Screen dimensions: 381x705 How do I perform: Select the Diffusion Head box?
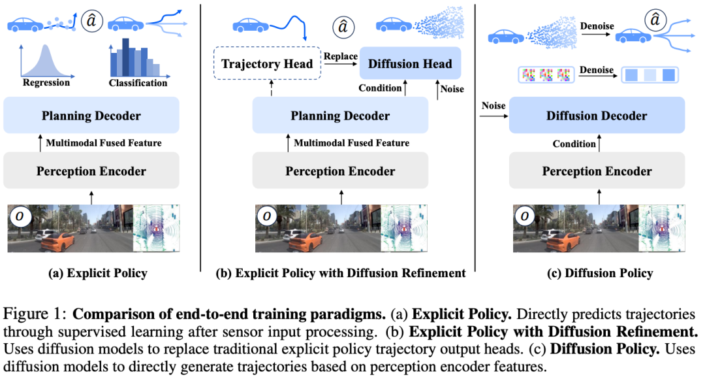click(x=410, y=64)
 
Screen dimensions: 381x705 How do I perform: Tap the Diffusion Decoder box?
click(x=597, y=116)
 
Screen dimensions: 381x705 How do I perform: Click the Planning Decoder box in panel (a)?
click(x=91, y=116)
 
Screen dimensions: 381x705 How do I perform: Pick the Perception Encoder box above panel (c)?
click(x=597, y=171)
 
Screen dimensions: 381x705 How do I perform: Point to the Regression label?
click(x=46, y=83)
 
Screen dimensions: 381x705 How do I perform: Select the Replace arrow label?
click(x=341, y=56)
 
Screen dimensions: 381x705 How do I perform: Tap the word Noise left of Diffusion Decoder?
click(x=493, y=105)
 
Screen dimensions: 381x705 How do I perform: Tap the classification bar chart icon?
click(x=134, y=58)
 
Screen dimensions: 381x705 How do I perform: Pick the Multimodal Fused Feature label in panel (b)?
click(x=352, y=143)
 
